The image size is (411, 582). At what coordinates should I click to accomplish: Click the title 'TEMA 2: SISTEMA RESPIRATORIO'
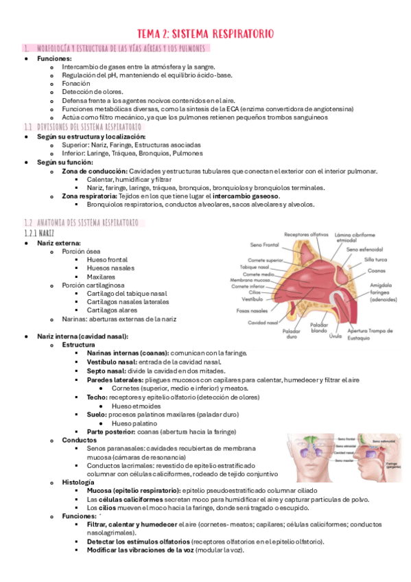tap(206, 32)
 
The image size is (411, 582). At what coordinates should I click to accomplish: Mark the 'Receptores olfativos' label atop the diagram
tap(306, 234)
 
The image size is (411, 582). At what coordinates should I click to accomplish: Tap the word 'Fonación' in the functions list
tap(75, 83)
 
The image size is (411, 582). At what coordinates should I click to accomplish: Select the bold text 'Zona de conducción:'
tap(94, 171)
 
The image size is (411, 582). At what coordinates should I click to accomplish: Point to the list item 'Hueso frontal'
tap(107, 260)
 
